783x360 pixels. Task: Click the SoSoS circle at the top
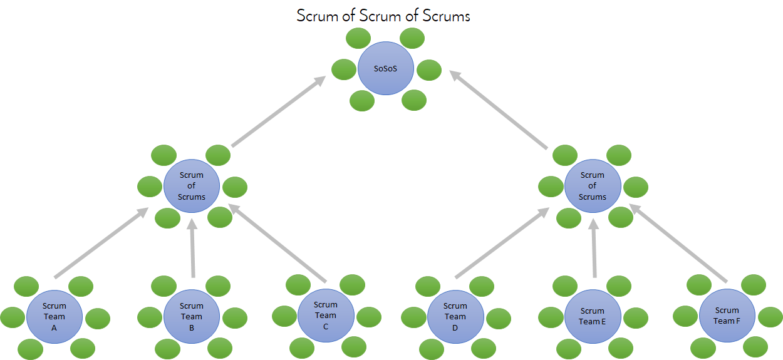pos(385,68)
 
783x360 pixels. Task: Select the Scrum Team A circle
pos(54,316)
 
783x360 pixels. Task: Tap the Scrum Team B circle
pos(192,316)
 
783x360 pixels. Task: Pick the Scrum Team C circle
pos(325,316)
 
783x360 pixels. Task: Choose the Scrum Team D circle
pos(455,316)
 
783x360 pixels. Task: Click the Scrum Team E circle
pos(593,316)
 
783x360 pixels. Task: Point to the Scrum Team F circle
pos(727,316)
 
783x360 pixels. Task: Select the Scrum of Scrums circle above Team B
pos(192,186)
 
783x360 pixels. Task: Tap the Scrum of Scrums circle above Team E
pos(593,186)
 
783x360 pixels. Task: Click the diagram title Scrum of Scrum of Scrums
pos(383,16)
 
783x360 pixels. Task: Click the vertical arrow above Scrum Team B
pos(192,250)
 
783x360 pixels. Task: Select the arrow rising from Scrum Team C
pos(279,244)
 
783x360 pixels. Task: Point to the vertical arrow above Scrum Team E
pos(594,250)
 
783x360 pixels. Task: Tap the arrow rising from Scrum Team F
pos(680,244)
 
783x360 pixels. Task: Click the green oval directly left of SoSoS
pos(344,69)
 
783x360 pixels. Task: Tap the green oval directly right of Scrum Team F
pos(770,317)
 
